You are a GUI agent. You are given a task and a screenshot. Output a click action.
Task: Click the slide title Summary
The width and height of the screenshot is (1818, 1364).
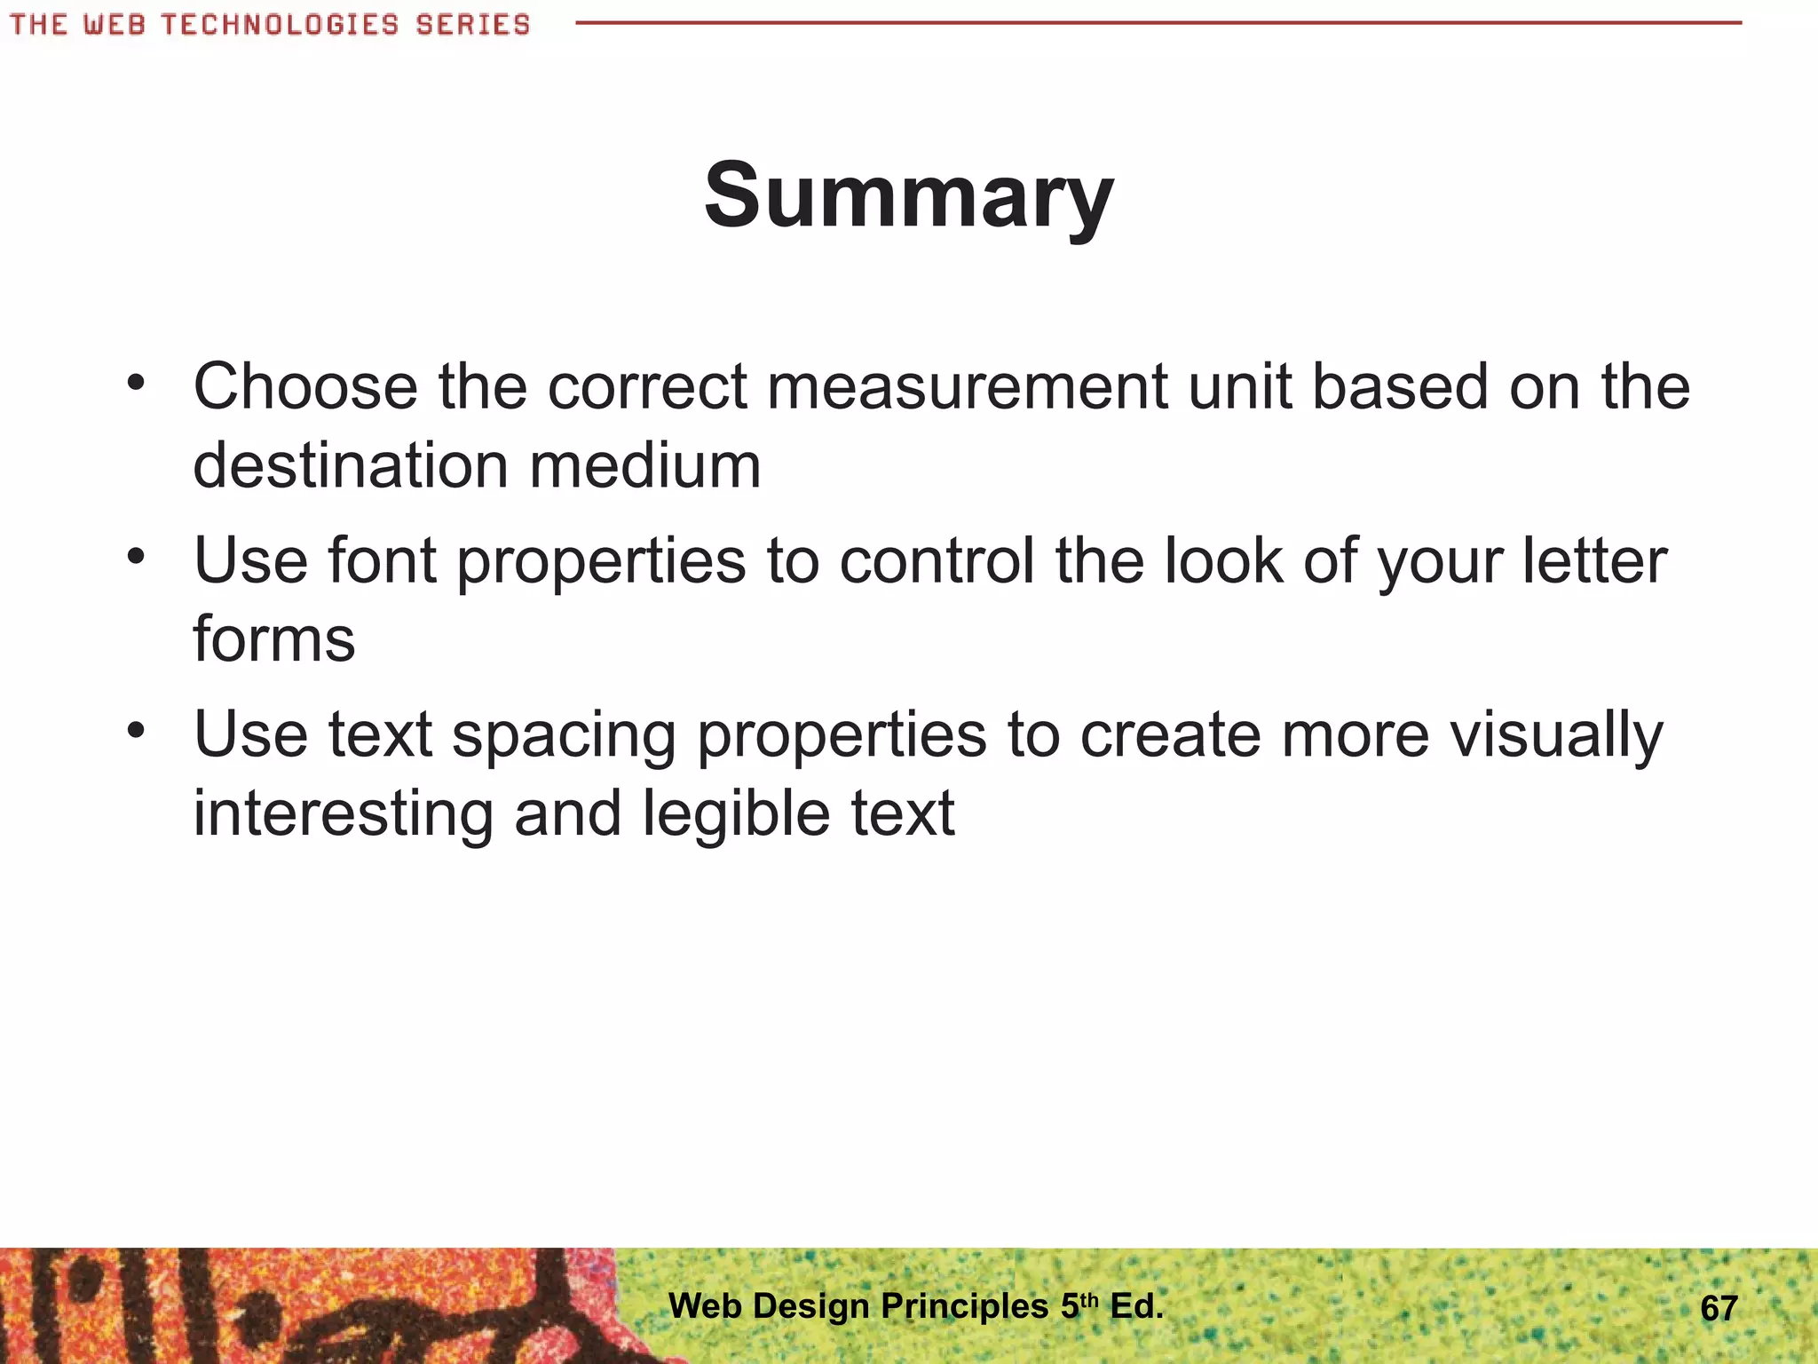[x=908, y=195]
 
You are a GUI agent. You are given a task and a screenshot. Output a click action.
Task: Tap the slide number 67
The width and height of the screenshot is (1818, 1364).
[x=1719, y=1308]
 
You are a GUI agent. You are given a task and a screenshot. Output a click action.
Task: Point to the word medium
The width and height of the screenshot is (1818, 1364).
[x=645, y=465]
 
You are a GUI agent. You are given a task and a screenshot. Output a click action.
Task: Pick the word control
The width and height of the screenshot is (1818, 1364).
[x=937, y=561]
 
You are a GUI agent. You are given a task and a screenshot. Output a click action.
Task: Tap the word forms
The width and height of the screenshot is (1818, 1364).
[x=274, y=639]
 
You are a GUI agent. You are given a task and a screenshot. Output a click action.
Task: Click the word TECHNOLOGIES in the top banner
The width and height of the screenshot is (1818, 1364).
[x=281, y=24]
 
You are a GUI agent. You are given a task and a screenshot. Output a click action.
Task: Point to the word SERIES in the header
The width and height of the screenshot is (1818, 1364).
[x=472, y=24]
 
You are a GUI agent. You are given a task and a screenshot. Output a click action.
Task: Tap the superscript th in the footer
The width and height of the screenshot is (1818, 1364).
[x=1089, y=1299]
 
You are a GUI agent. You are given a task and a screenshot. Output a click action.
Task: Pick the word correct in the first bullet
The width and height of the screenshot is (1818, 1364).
[x=647, y=387]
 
